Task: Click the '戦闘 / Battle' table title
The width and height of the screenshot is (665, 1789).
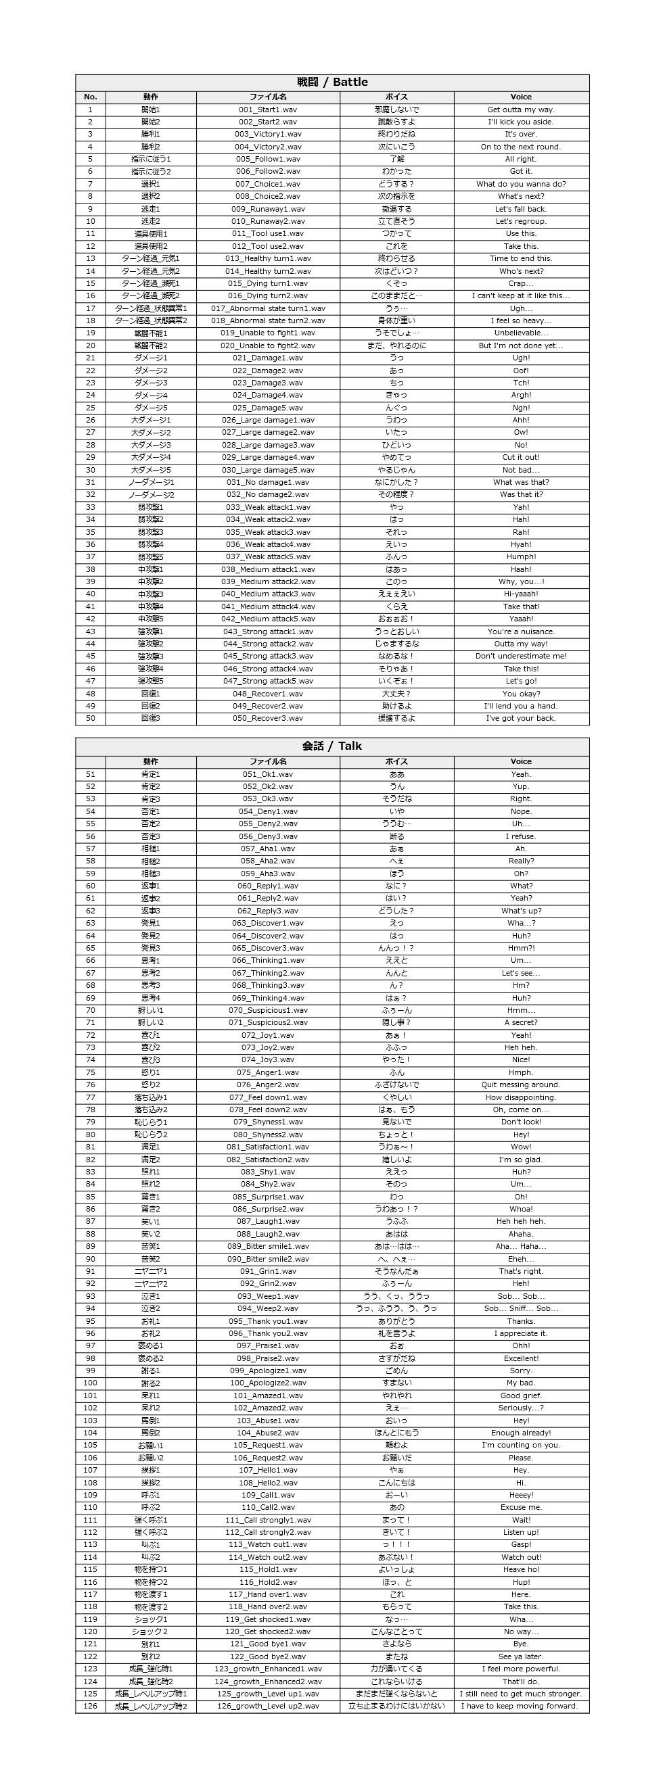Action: coord(332,82)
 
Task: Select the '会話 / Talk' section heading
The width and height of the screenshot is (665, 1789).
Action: coord(332,746)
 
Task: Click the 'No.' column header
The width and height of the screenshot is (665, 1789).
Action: coord(91,97)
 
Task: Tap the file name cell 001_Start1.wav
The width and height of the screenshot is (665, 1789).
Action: coord(267,110)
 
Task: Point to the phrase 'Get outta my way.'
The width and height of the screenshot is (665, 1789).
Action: coord(520,110)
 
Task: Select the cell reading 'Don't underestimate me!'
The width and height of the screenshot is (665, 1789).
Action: coord(520,657)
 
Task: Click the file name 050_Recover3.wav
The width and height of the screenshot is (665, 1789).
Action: coord(267,718)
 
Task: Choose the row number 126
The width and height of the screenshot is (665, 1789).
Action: coord(91,1706)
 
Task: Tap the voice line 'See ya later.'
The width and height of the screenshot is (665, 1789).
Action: coord(520,1656)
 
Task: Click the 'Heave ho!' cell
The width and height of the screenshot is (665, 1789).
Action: coord(520,1569)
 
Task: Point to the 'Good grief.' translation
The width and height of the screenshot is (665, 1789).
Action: coord(520,1396)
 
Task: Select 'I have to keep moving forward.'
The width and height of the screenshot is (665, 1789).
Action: coord(520,1706)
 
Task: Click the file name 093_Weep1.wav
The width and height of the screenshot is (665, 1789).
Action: coord(267,1296)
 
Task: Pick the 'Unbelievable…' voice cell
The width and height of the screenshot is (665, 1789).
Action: coord(520,333)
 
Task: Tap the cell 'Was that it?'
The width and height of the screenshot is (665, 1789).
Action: coord(520,494)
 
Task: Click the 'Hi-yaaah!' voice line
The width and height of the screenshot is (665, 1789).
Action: coord(520,594)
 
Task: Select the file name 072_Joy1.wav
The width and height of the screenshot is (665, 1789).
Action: coord(267,1034)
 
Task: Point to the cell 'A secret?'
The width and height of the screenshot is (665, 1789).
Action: coord(520,1022)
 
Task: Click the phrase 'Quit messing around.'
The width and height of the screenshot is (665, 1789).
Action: coord(520,1084)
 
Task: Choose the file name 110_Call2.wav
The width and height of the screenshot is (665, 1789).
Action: coord(267,1507)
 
